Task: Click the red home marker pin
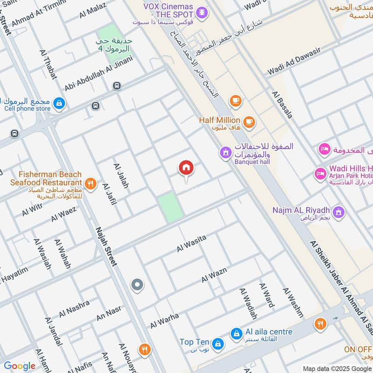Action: (x=186, y=168)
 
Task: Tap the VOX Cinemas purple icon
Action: (x=202, y=11)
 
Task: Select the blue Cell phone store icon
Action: (x=59, y=104)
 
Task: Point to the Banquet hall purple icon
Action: (x=226, y=152)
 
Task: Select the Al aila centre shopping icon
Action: (x=236, y=333)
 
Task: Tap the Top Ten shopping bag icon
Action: (x=217, y=344)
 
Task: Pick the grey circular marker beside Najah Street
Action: (x=137, y=284)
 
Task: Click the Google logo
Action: (x=20, y=366)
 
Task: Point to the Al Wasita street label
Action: (x=191, y=244)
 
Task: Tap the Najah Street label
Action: (x=106, y=247)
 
